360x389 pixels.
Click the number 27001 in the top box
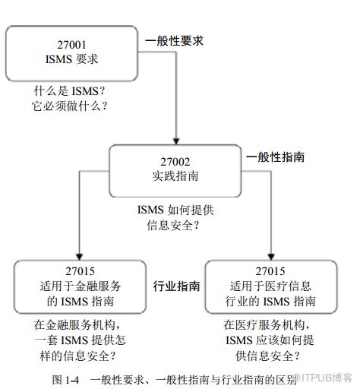[71, 45]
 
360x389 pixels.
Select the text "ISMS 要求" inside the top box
[71, 59]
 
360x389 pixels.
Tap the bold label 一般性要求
[174, 41]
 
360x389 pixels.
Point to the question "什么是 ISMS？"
[69, 91]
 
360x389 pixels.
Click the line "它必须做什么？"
[69, 106]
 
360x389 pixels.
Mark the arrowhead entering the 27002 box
[176, 141]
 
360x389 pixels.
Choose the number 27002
[175, 162]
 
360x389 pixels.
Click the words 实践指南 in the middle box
[175, 176]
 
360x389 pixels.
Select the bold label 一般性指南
[275, 157]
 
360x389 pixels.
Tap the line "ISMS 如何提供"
[175, 210]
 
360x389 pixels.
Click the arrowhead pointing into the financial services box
[80, 257]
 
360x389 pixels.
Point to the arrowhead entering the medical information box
[271, 257]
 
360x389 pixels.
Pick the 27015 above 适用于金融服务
[80, 271]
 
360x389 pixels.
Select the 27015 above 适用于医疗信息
[270, 271]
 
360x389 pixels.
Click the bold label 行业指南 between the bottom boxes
[176, 286]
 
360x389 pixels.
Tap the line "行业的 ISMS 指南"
[270, 302]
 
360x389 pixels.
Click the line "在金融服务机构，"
[77, 325]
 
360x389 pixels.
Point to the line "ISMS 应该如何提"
[270, 340]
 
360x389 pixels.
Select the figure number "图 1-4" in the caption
[65, 380]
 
